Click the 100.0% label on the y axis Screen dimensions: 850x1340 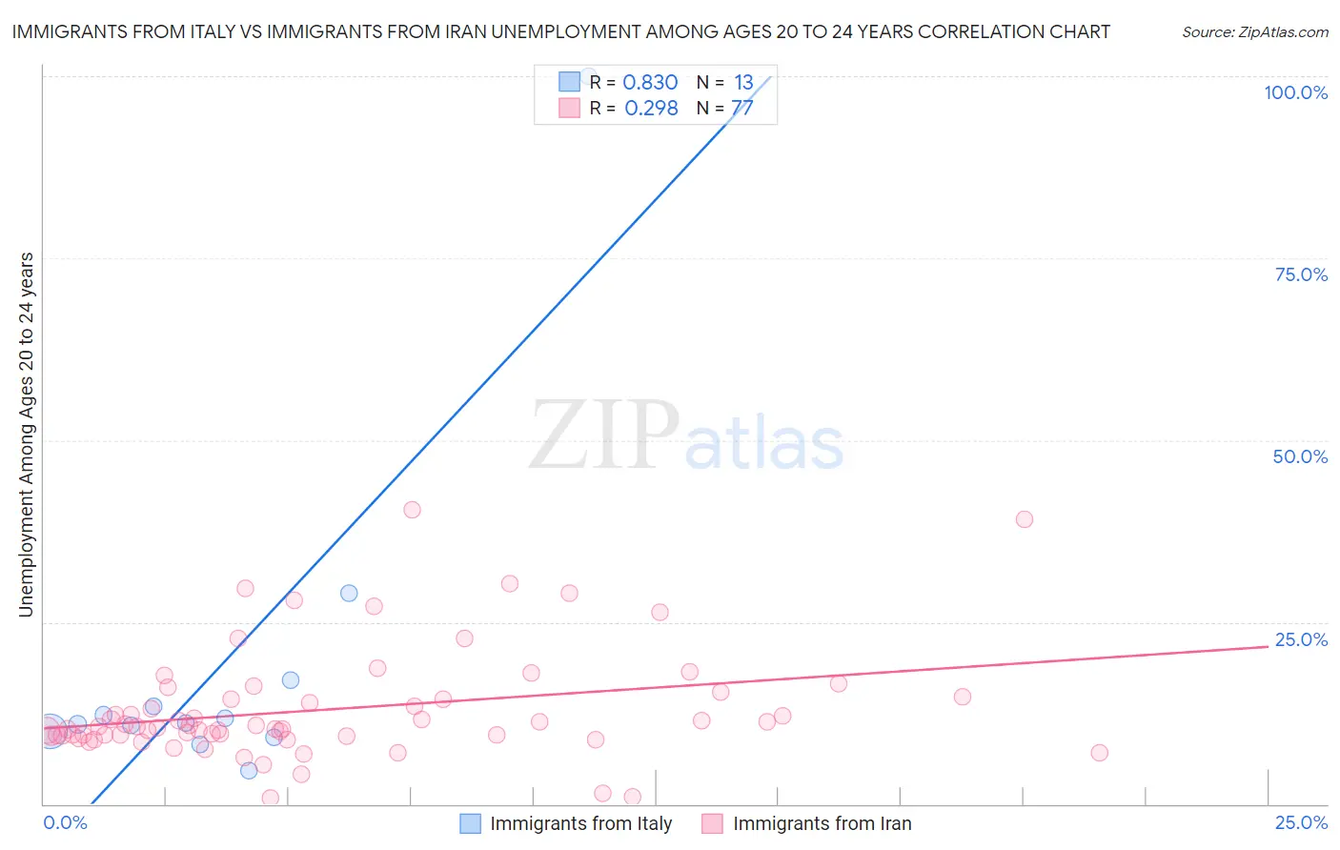click(1295, 92)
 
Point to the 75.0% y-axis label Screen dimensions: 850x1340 click(1301, 274)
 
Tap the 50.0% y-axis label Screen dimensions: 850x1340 click(1300, 456)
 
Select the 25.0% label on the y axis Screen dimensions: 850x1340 click(1301, 639)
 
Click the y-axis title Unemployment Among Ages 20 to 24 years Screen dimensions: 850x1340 click(27, 435)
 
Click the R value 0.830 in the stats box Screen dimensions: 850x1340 click(650, 83)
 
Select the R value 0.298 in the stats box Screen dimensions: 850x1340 click(651, 109)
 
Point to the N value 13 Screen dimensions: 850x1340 click(743, 83)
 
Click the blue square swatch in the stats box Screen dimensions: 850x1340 click(569, 82)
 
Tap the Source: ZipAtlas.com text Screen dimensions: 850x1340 click(1254, 32)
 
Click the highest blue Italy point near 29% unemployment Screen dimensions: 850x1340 click(349, 593)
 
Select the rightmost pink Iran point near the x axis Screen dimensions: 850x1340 click(1099, 753)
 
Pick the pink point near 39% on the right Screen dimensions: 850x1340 click(1025, 519)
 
